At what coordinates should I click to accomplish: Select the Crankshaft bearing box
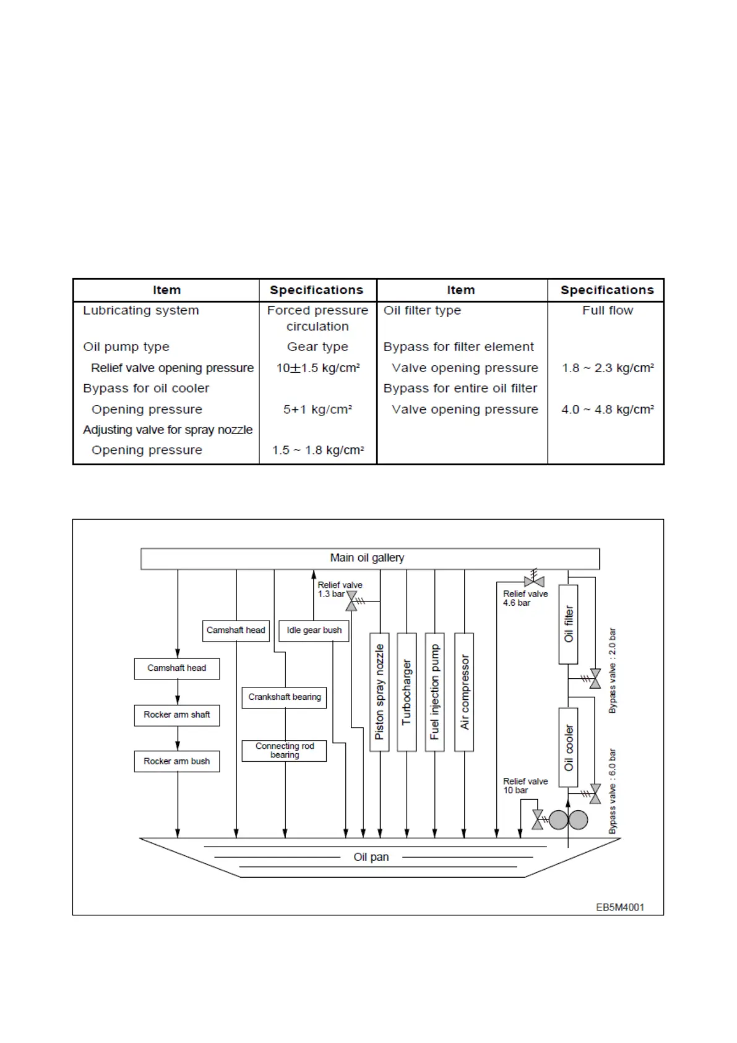click(x=284, y=697)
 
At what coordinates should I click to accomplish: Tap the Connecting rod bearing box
click(x=284, y=751)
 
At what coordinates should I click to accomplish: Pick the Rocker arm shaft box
click(x=177, y=715)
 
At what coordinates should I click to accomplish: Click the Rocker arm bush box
click(x=177, y=761)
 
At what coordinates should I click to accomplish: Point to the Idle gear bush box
click(x=314, y=631)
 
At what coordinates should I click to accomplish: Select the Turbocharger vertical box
click(x=407, y=692)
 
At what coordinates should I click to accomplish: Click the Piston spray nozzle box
click(x=379, y=692)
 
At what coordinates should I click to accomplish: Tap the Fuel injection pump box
click(x=434, y=692)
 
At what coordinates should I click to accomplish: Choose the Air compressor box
click(x=464, y=692)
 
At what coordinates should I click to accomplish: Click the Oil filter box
click(x=568, y=624)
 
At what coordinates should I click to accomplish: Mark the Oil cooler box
click(x=568, y=748)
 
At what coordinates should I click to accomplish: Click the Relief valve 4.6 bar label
click(x=525, y=598)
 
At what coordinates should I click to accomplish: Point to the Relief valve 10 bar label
click(x=525, y=786)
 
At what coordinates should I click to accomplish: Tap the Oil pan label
click(x=371, y=857)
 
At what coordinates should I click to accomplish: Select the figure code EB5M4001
click(x=620, y=907)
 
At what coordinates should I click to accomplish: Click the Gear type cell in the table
click(x=317, y=347)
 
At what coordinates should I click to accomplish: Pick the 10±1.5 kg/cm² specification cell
click(x=318, y=368)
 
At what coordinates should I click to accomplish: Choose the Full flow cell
click(x=607, y=310)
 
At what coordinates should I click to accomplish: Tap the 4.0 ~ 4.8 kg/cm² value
click(x=607, y=409)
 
